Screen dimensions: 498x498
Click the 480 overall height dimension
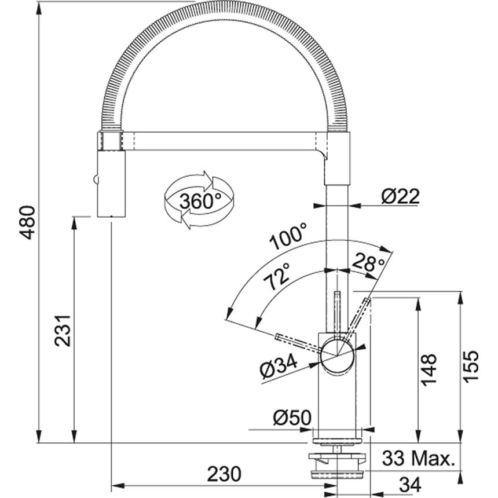(28, 222)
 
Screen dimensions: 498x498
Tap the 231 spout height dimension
(63, 331)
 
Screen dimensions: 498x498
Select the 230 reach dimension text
(224, 474)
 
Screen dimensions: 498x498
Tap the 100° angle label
(288, 236)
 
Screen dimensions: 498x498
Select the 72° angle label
(277, 276)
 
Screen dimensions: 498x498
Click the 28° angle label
(368, 262)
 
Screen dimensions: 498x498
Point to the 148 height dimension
(429, 369)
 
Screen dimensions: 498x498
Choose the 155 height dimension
(470, 367)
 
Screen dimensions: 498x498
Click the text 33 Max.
(418, 458)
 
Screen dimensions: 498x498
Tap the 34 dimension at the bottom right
(410, 484)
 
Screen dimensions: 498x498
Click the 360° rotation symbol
(199, 200)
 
